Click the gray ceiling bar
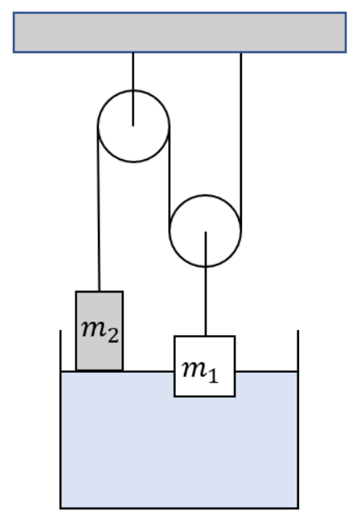180,32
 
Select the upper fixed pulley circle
98,126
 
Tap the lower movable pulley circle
170,231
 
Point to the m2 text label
100,331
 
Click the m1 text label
200,372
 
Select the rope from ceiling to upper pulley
133,89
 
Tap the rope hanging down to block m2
99,209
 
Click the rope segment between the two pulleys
170,178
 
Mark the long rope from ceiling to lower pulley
241,141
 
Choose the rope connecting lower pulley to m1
206,284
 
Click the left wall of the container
60,419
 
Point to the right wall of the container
298,419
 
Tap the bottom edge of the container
179,508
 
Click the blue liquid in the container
179,450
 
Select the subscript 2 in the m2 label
112,336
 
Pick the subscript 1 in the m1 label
213,376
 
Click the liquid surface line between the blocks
149,372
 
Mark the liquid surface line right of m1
266,372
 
